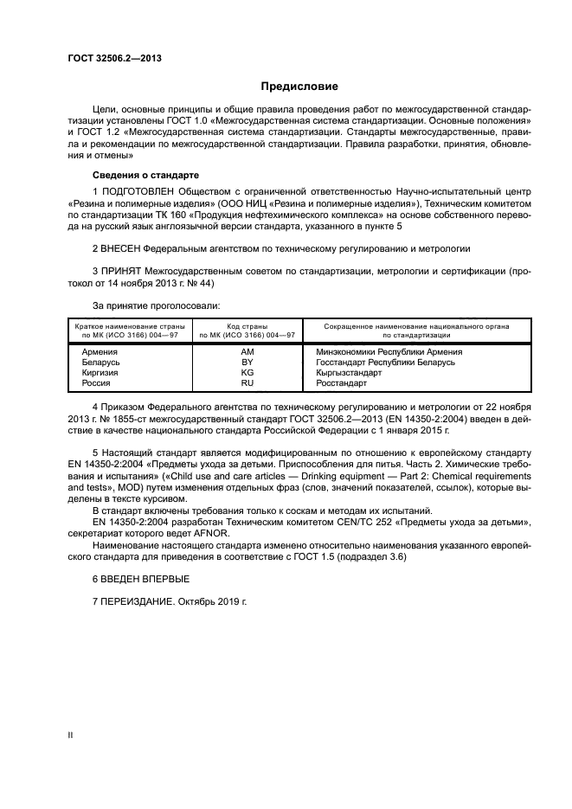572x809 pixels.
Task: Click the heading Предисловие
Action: point(299,87)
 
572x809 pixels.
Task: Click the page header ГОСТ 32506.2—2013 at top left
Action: point(113,58)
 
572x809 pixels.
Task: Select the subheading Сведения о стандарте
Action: point(145,174)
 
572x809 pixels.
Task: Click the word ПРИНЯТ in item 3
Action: point(123,271)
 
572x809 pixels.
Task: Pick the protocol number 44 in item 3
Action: point(204,282)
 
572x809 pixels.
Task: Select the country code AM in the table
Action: point(247,352)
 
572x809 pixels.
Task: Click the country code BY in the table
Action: point(247,362)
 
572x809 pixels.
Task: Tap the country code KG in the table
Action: point(247,372)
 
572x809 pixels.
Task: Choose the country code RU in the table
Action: point(247,382)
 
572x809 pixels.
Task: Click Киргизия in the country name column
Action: point(100,372)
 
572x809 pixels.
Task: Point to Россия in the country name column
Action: point(95,382)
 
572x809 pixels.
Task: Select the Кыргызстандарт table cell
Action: point(349,372)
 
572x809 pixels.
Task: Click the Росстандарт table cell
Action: point(342,382)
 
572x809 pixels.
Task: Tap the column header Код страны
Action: point(247,325)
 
